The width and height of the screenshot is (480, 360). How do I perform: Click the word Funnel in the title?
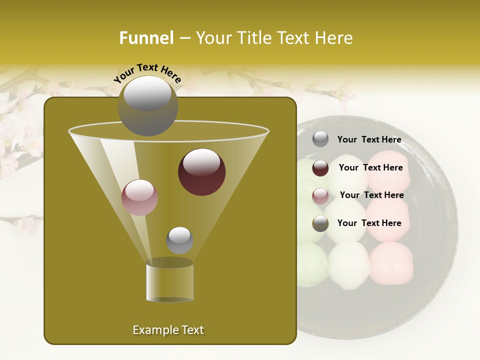point(146,38)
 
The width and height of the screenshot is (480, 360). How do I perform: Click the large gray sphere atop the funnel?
point(147,105)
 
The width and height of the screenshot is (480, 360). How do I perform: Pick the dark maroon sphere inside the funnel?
point(201,172)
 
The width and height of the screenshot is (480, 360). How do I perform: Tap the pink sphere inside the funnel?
point(139,197)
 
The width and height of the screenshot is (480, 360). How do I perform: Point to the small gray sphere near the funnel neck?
point(179,240)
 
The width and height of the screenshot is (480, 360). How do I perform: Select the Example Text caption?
point(168,330)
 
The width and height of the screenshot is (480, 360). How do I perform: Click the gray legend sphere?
point(320,139)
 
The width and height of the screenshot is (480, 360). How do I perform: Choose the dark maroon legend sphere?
point(320,168)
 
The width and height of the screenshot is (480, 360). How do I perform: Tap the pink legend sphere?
point(320,196)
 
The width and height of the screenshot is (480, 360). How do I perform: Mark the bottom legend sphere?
point(320,223)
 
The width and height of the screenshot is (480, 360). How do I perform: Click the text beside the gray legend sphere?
point(369,140)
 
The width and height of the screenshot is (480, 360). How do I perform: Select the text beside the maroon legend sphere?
point(370,167)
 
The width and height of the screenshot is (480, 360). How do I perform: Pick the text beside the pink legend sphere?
point(371,195)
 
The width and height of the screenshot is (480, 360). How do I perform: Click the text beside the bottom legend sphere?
point(369,223)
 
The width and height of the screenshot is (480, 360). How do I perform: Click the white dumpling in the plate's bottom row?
point(349,265)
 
